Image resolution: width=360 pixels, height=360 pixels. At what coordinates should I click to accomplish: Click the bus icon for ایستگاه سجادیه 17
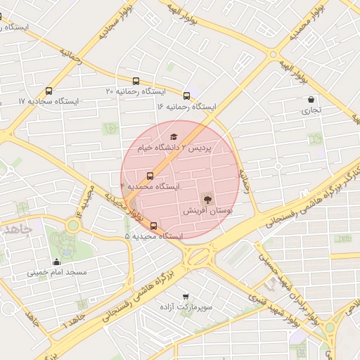[49, 91]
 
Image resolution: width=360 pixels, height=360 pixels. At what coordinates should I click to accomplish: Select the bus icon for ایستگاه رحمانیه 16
[186, 96]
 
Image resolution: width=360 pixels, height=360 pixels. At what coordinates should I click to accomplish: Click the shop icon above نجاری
[311, 99]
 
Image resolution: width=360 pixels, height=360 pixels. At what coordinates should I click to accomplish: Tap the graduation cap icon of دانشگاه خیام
[174, 137]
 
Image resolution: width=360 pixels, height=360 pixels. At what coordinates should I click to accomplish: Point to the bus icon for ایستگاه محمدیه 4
[150, 176]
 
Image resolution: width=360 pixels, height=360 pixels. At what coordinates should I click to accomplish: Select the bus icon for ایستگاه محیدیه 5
[154, 226]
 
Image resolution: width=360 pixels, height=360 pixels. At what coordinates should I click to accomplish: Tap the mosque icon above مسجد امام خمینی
[56, 262]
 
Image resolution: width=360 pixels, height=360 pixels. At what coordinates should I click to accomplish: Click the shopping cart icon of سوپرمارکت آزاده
[186, 297]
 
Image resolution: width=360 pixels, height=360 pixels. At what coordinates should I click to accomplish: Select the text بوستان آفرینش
[207, 211]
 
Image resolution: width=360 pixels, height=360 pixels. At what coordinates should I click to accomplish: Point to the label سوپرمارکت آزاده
[186, 308]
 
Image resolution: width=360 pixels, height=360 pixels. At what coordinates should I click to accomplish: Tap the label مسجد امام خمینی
[56, 272]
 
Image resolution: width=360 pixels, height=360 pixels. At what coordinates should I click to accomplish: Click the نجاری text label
[311, 110]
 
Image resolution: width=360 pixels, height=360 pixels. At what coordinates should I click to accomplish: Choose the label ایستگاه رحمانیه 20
[135, 91]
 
